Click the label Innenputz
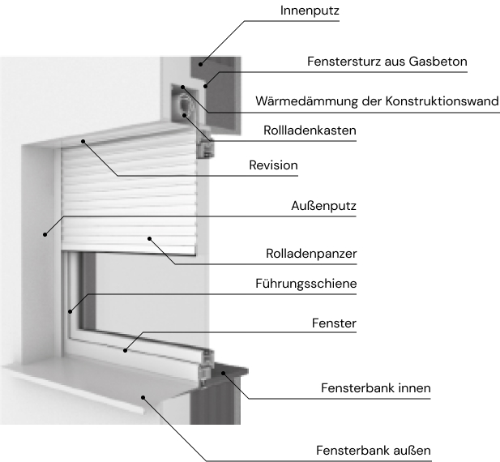click(309, 11)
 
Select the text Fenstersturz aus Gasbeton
click(387, 61)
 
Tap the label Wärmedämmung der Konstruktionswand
click(377, 101)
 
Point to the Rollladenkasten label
click(310, 130)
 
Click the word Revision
click(273, 165)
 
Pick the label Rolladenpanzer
click(311, 254)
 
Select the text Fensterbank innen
click(376, 388)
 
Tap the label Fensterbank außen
click(373, 449)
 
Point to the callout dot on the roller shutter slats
click(150, 238)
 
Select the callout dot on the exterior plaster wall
click(45, 233)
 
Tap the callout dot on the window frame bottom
click(126, 350)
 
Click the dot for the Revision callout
click(83, 140)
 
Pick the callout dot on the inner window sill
click(224, 372)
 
